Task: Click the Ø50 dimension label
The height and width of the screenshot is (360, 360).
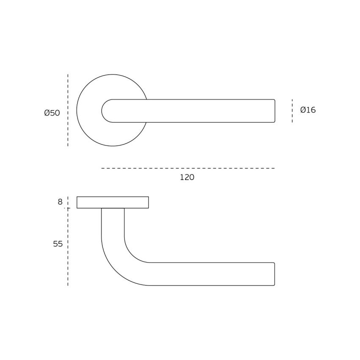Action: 52,113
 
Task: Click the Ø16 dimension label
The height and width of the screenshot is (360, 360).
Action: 308,110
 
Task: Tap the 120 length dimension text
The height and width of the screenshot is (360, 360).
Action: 187,177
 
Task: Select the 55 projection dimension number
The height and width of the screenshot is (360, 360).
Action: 58,244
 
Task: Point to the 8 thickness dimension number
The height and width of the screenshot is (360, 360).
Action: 60,202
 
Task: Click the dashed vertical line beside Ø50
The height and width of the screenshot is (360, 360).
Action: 68,110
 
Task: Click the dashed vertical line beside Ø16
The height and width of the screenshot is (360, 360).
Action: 292,111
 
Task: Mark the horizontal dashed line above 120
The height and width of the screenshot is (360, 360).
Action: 188,168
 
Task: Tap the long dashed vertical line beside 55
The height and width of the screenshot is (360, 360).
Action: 68,247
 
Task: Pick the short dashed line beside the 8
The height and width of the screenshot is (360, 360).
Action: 68,202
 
